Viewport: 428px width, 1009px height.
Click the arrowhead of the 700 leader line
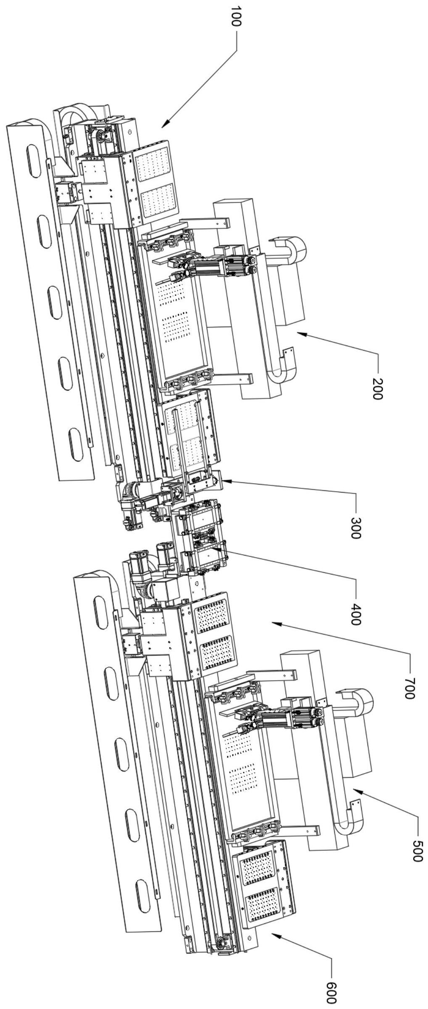(x=273, y=622)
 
